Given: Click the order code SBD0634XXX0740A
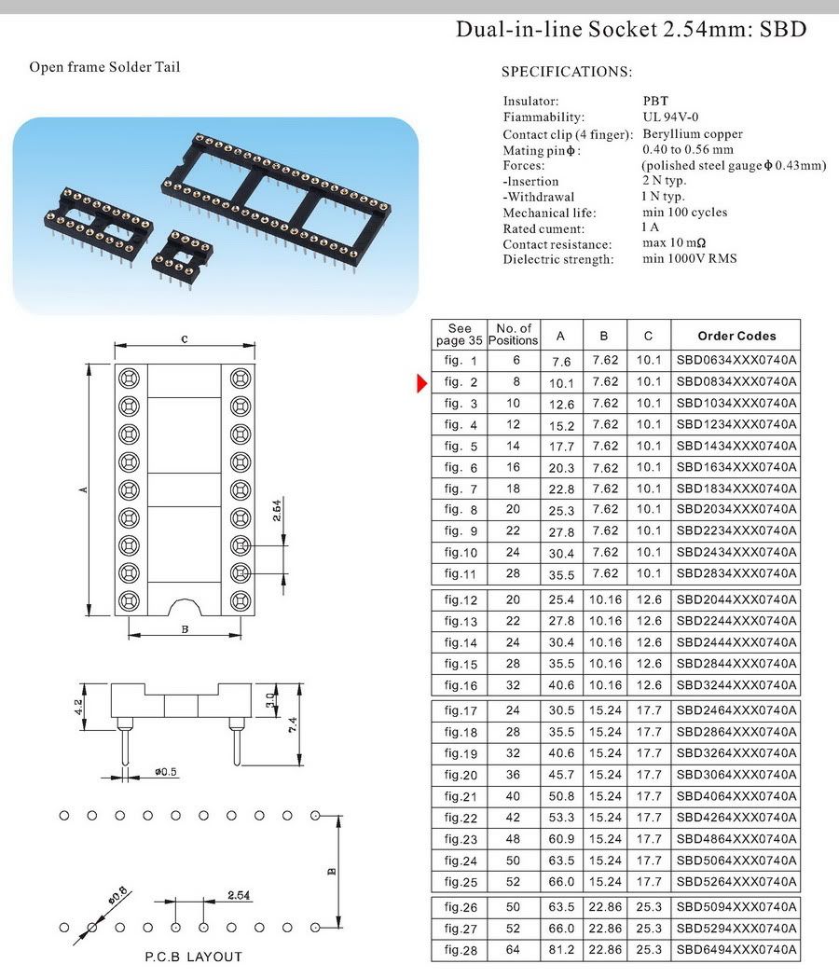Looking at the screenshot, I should tap(736, 360).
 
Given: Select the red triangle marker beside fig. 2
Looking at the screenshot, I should tap(422, 381).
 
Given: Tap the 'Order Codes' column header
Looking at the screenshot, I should tap(736, 336).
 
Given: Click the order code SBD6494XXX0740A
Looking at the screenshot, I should tap(736, 949).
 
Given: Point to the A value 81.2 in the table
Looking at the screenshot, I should tap(560, 949).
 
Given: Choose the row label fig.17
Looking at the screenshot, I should tap(461, 710).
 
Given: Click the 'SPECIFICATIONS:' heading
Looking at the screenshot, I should tap(567, 72).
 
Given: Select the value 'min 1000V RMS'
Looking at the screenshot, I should tap(690, 258).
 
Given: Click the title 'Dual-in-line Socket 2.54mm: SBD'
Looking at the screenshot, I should tap(631, 29).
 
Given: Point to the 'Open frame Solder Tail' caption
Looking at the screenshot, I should tap(104, 67).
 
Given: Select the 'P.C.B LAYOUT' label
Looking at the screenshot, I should tap(193, 957).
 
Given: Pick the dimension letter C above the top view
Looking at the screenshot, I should tap(185, 339).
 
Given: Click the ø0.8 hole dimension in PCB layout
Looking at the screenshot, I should tap(117, 896).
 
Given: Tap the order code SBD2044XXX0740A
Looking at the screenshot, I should tap(736, 599).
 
